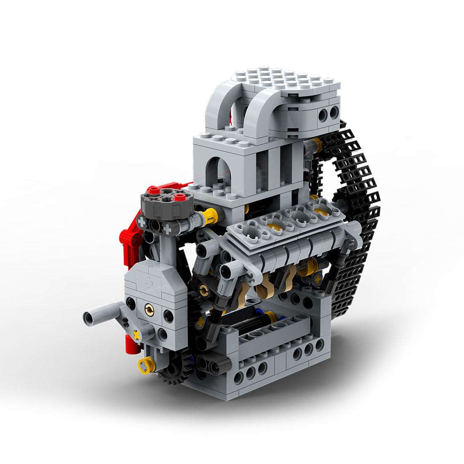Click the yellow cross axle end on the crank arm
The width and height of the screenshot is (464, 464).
point(136,335)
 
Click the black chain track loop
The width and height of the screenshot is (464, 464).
point(359,211)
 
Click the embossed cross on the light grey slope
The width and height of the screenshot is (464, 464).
point(149,282)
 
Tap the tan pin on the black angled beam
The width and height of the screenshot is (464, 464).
point(204,289)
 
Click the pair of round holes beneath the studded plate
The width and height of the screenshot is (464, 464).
point(329,113)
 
